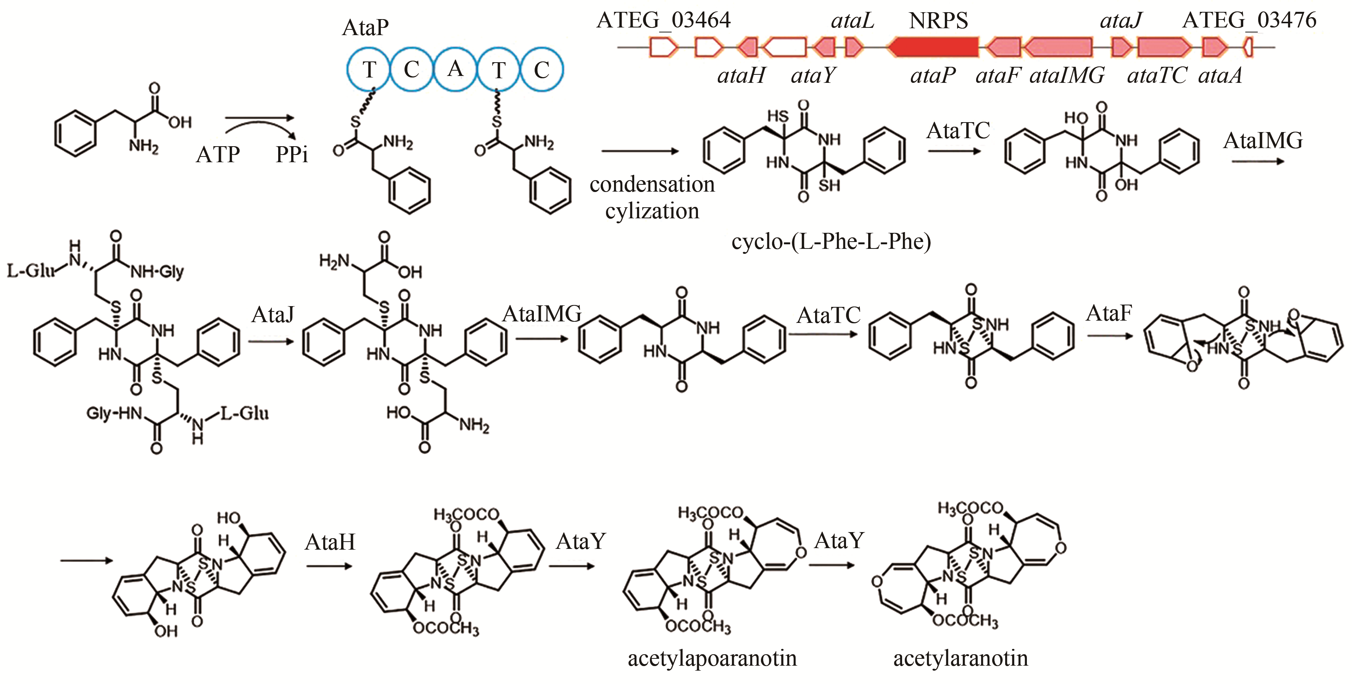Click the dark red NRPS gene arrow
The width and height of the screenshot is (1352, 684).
(x=933, y=47)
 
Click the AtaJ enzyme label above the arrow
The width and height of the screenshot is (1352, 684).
(x=273, y=315)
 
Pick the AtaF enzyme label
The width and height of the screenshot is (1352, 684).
(x=1109, y=313)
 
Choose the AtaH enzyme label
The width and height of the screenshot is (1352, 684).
(x=330, y=542)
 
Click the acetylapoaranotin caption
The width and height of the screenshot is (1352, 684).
(x=712, y=658)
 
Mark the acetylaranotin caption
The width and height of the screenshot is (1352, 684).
(x=960, y=658)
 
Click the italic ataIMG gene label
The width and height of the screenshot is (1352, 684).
(x=1067, y=76)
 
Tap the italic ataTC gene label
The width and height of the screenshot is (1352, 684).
(x=1157, y=76)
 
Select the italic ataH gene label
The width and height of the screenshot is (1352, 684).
(x=741, y=76)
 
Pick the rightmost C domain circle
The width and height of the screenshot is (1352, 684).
(x=541, y=69)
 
